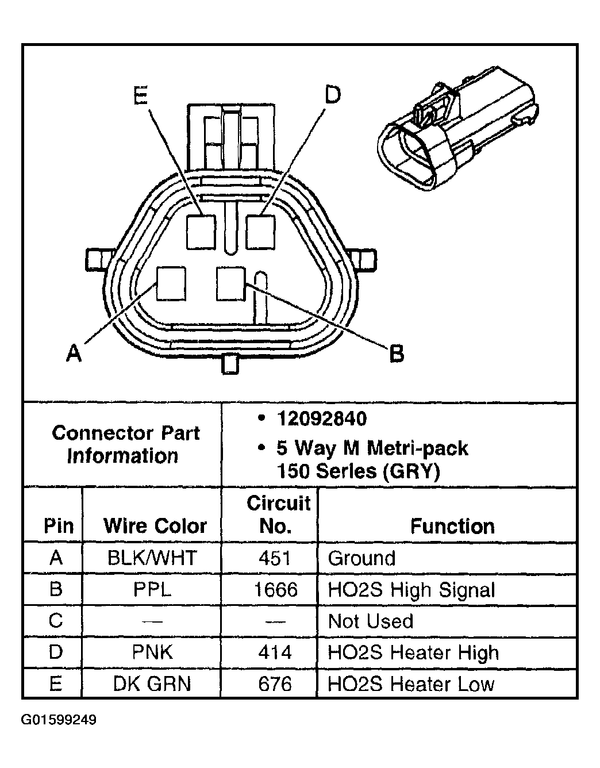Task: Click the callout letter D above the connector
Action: (x=332, y=94)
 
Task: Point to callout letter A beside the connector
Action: (x=74, y=352)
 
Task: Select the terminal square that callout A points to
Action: (x=171, y=283)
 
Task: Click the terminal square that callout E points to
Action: (x=201, y=232)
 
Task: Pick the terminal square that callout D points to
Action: (x=261, y=232)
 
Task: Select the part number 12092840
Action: (x=321, y=418)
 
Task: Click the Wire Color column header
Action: (x=155, y=526)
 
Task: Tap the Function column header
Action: (x=452, y=526)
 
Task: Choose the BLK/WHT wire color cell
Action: (x=152, y=558)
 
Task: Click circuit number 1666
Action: (x=275, y=590)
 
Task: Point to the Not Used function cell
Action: (x=370, y=621)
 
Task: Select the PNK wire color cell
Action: (x=152, y=652)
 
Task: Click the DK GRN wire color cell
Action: (x=152, y=684)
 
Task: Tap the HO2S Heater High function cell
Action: (x=413, y=652)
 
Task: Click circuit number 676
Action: (x=275, y=684)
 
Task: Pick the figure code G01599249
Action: (x=59, y=720)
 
